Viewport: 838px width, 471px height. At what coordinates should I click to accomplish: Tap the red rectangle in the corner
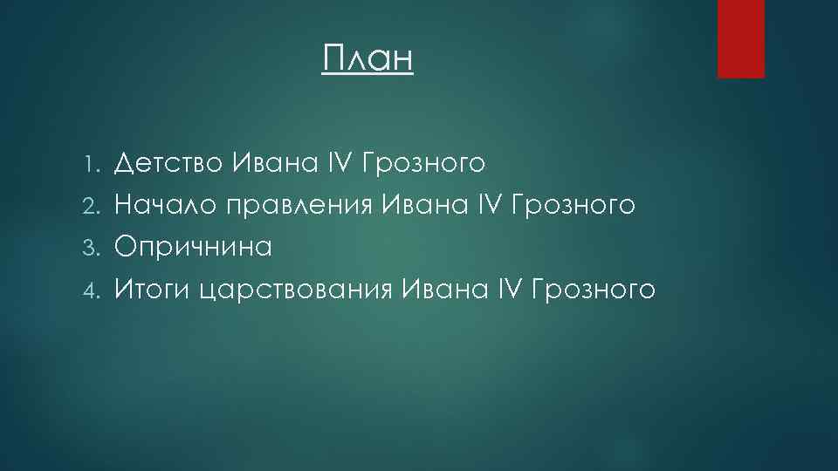(x=740, y=38)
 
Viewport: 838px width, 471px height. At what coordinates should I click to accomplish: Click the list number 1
(x=99, y=162)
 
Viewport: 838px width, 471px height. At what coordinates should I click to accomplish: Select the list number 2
(x=99, y=205)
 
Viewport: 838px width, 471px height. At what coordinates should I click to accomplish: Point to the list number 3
(x=99, y=248)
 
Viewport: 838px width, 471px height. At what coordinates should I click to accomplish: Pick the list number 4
(x=99, y=290)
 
